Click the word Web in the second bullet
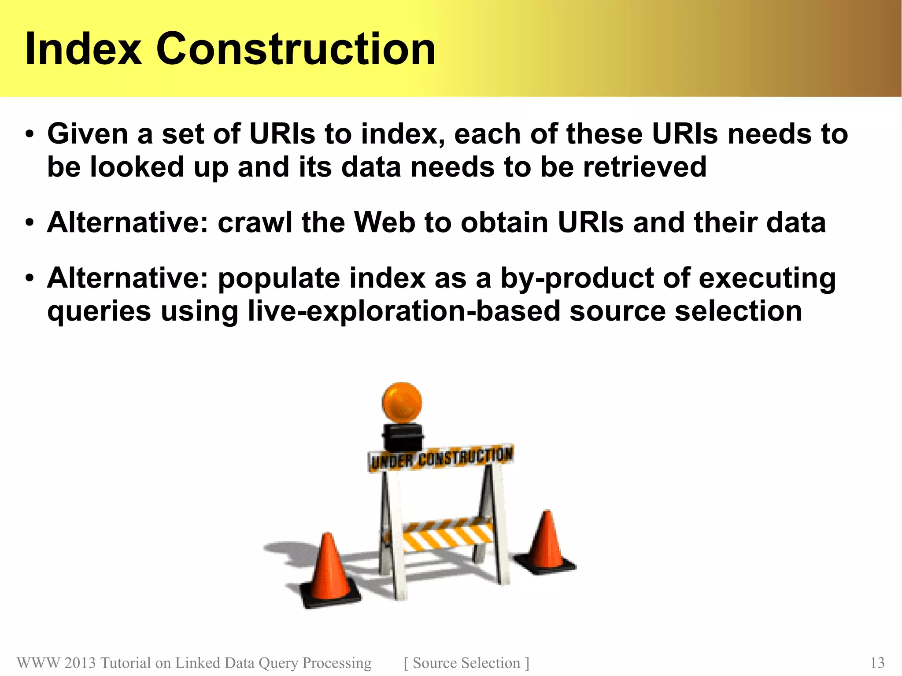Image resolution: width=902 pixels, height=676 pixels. [x=384, y=222]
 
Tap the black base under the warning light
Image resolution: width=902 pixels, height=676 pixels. [x=402, y=437]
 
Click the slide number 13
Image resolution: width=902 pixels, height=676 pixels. [x=877, y=663]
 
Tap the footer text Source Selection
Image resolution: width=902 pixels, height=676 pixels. [x=466, y=663]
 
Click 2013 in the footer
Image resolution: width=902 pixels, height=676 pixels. [x=79, y=663]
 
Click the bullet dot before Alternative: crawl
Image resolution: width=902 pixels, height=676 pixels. [x=30, y=222]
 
